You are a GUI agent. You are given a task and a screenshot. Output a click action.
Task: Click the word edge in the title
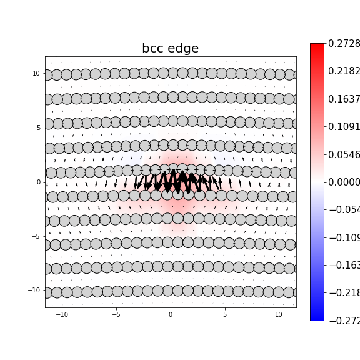pos(184,49)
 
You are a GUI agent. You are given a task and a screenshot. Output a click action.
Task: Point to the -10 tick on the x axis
pos(62,314)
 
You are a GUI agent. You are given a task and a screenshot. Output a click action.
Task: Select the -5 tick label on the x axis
pos(116,314)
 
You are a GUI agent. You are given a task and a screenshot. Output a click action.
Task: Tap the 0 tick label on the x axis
pos(171,314)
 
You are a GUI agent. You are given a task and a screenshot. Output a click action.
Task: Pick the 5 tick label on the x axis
pos(224,314)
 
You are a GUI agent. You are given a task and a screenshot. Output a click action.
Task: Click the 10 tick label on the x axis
pos(279,314)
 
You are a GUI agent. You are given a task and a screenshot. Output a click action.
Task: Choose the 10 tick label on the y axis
pos(36,73)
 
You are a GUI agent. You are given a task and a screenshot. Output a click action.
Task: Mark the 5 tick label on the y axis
pos(38,127)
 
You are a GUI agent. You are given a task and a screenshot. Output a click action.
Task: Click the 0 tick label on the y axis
pos(38,182)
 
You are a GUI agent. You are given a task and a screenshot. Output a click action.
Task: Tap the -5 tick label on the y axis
pos(36,236)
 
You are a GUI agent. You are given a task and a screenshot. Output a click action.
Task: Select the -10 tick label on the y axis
pos(34,290)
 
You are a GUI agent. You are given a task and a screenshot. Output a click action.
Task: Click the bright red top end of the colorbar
pos(317,46)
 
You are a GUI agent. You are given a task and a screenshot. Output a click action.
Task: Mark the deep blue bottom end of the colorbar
pos(317,317)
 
